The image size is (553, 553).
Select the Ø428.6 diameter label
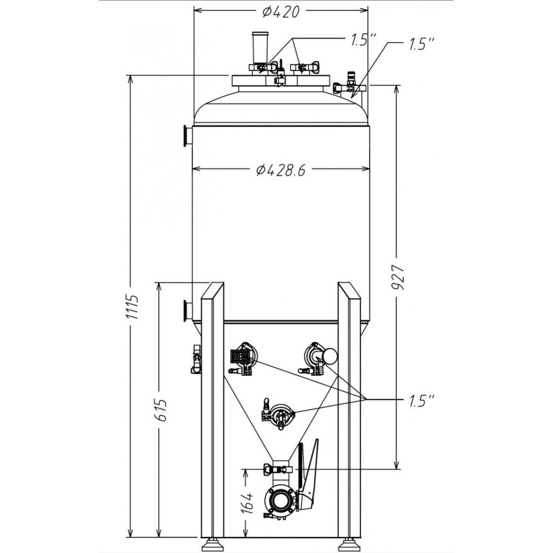click(x=281, y=170)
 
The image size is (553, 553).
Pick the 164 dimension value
click(x=248, y=503)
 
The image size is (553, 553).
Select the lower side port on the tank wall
click(x=187, y=311)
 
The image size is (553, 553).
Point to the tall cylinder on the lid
click(x=258, y=49)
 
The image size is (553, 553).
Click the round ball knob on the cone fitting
click(x=329, y=356)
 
